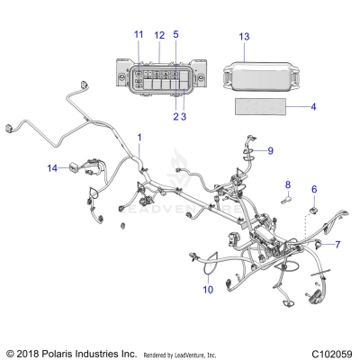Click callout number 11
coord(139,34)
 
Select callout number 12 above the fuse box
coord(158,34)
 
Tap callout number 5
coord(175,34)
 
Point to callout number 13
coord(243,36)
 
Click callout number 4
coord(313,107)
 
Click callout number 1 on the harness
coord(139,137)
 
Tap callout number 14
coord(52,167)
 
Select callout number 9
coord(270,149)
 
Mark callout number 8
coord(263,184)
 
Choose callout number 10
coord(207,290)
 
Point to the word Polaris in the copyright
coord(61,353)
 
